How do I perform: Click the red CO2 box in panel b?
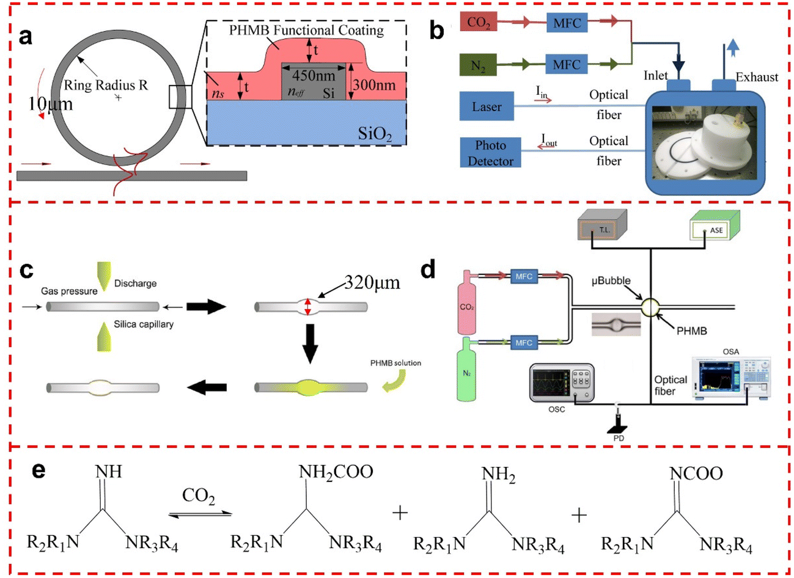click(x=478, y=23)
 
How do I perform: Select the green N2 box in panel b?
click(x=478, y=65)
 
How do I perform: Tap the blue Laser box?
click(x=487, y=107)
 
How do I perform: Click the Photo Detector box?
click(x=490, y=153)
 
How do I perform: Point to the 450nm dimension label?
click(x=314, y=76)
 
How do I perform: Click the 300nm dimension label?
click(x=373, y=86)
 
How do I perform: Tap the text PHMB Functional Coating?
click(x=306, y=30)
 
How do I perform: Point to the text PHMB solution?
click(x=395, y=363)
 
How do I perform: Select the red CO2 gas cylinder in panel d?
click(x=466, y=302)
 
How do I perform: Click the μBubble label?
click(x=611, y=281)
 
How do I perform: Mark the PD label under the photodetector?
click(x=619, y=438)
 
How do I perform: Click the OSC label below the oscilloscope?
click(x=556, y=409)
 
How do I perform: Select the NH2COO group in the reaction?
click(x=336, y=472)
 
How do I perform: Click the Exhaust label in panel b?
click(x=757, y=77)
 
